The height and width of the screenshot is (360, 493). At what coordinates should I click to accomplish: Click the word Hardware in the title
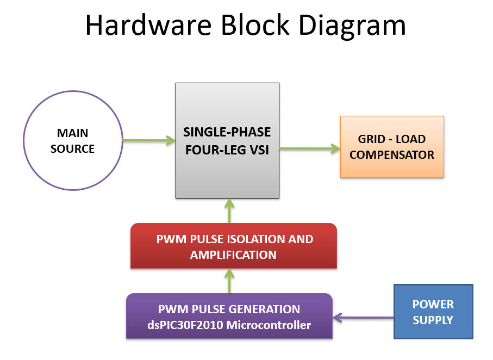coord(148,25)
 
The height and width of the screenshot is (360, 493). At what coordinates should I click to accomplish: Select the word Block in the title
coord(255,25)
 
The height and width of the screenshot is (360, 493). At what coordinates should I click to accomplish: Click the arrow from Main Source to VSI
coord(149,140)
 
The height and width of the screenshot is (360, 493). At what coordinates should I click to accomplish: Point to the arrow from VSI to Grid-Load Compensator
coord(310,148)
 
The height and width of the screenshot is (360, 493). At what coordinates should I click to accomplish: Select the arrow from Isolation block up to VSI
coord(229,211)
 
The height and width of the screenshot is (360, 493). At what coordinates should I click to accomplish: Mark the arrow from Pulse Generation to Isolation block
coord(229,281)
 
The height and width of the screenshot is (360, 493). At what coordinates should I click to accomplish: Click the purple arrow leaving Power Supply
coord(363,318)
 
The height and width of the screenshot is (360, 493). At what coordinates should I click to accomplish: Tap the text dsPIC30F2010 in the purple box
coord(185,325)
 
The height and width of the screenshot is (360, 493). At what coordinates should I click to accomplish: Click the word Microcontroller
coord(269,325)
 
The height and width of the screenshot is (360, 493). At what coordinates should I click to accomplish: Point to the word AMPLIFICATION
coord(233,255)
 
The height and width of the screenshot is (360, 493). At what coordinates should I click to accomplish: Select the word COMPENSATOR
coord(392,155)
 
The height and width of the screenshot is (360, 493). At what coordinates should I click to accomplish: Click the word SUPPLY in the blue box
coord(433,320)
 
